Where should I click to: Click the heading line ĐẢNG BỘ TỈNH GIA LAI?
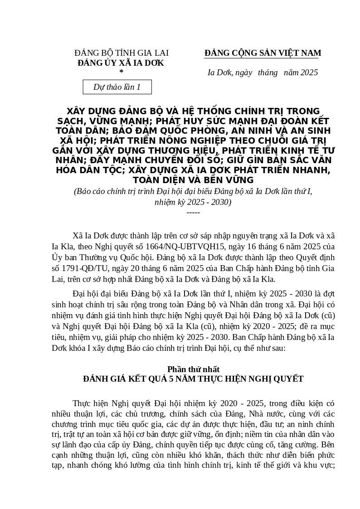[121, 53]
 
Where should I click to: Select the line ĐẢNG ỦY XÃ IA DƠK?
[121, 63]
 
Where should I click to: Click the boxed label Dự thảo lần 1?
[117, 87]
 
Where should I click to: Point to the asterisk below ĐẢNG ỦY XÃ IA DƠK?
[121, 72]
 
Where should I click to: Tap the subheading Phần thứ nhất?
[193, 369]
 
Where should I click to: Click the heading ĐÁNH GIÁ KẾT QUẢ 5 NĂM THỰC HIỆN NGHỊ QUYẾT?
[193, 379]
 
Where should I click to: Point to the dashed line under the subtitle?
[193, 212]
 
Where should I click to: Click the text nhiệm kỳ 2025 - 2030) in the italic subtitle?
[193, 202]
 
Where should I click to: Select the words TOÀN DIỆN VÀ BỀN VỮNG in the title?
[193, 180]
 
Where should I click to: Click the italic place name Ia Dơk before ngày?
[219, 73]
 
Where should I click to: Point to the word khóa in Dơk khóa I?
[78, 349]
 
